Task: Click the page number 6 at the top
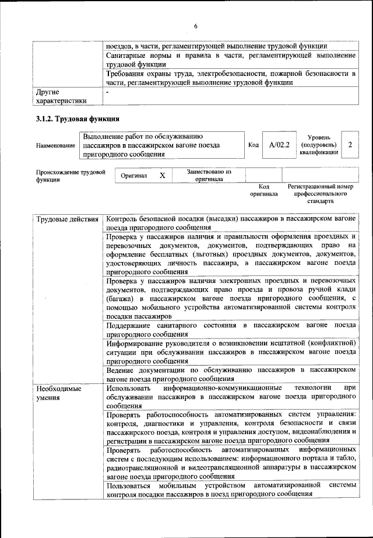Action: tap(196, 26)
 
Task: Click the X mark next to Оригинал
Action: tap(163, 175)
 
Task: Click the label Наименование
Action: tap(56, 145)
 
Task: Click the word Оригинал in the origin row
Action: tap(133, 176)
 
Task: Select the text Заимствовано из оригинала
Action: tap(209, 176)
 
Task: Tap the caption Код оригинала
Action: tap(264, 190)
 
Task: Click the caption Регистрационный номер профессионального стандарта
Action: tap(320, 194)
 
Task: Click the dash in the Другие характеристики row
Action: tap(108, 92)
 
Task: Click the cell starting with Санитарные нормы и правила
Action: tap(230, 60)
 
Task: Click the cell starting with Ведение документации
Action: tap(230, 374)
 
